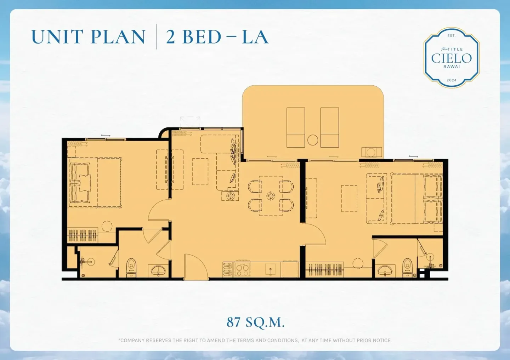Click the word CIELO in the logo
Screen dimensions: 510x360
coord(452,58)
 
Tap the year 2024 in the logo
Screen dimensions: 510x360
coord(452,80)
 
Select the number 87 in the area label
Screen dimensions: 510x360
coord(233,322)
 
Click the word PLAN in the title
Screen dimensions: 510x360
coord(118,37)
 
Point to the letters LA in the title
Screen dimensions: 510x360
coord(255,37)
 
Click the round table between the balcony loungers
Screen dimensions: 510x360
coord(313,140)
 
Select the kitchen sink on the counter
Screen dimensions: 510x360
coord(271,269)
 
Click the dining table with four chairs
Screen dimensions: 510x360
coord(271,196)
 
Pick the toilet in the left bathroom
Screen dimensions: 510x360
coord(131,268)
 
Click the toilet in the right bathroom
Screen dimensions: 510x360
coord(408,268)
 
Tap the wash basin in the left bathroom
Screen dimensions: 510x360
coord(158,270)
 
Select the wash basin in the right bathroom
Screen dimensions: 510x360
coord(385,271)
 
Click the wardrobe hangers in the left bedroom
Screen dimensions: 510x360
coord(83,235)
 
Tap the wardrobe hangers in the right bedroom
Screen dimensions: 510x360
coord(325,270)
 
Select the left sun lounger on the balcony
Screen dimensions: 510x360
coord(296,127)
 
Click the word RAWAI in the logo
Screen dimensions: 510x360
coord(452,67)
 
